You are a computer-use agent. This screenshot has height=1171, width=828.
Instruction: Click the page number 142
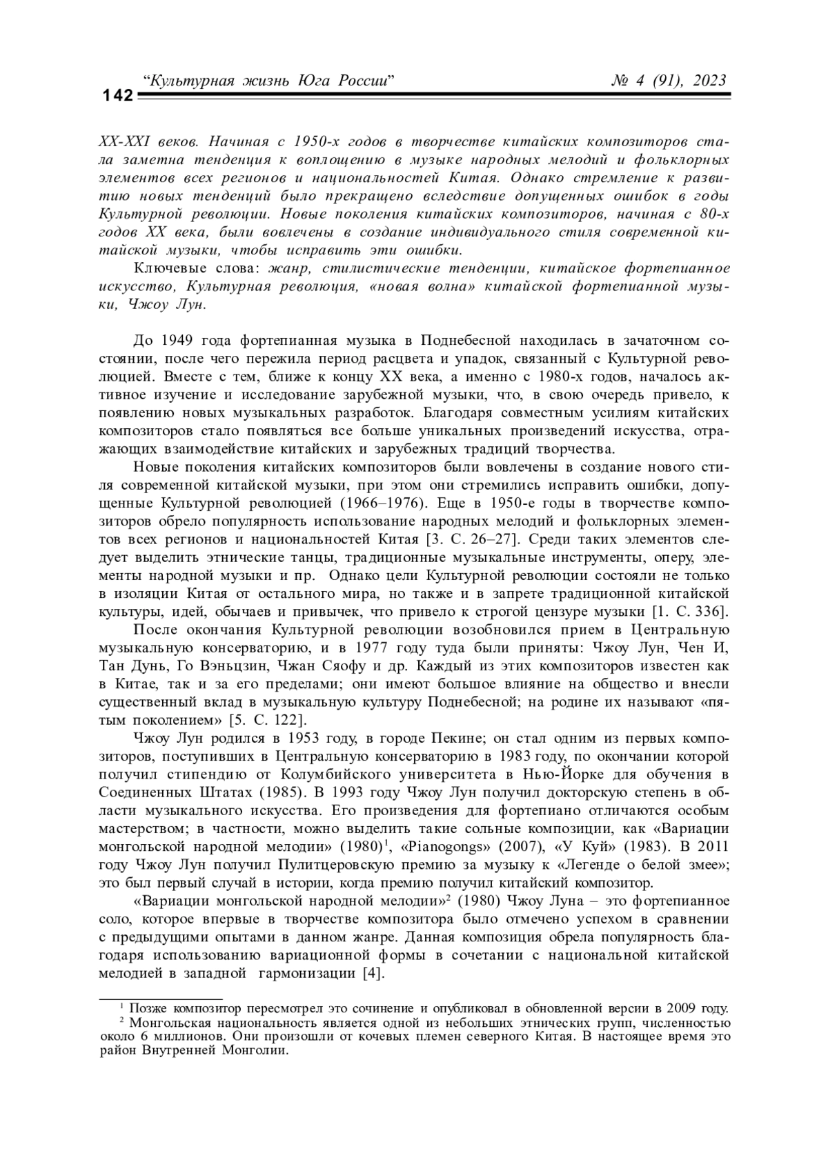tap(117, 96)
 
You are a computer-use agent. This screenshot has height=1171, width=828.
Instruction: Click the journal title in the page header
tap(268, 81)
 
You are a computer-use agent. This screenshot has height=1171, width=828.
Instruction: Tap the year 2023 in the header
tap(706, 81)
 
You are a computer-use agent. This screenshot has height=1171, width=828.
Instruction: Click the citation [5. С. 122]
tap(267, 721)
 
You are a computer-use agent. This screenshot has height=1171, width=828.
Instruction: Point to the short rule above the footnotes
tap(161, 997)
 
